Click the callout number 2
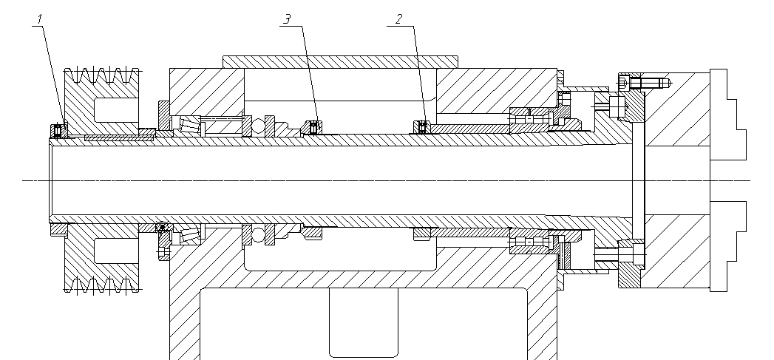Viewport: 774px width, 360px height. pyautogui.click(x=398, y=18)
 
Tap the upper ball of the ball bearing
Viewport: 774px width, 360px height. pyautogui.click(x=257, y=127)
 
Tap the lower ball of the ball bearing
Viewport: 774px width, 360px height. pyautogui.click(x=258, y=235)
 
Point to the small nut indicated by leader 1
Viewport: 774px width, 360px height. pyautogui.click(x=58, y=130)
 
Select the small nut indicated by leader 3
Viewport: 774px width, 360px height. pyautogui.click(x=313, y=128)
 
